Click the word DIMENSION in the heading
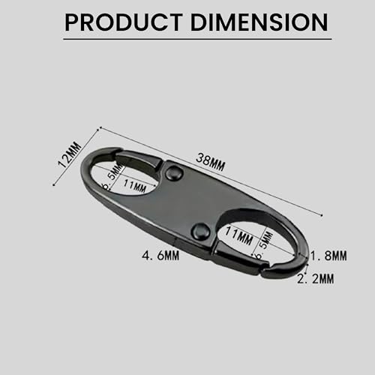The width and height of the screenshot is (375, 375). pyautogui.click(x=259, y=22)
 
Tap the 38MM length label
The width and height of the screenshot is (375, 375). pyautogui.click(x=210, y=162)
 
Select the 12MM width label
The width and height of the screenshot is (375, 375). pyautogui.click(x=70, y=154)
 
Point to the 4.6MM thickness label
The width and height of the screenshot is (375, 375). pyautogui.click(x=160, y=256)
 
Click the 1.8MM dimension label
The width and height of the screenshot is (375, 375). pyautogui.click(x=328, y=256)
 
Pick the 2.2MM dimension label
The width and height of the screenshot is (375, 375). pyautogui.click(x=316, y=278)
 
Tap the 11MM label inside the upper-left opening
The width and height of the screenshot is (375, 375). pyautogui.click(x=134, y=186)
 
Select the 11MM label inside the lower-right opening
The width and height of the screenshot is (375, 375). pyautogui.click(x=239, y=235)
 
